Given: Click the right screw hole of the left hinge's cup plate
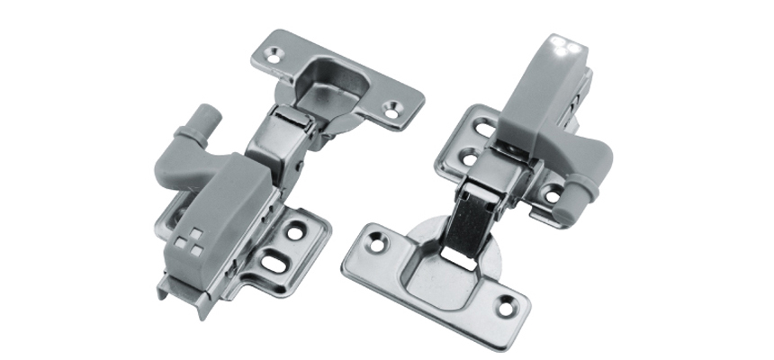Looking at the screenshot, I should pyautogui.click(x=391, y=108).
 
